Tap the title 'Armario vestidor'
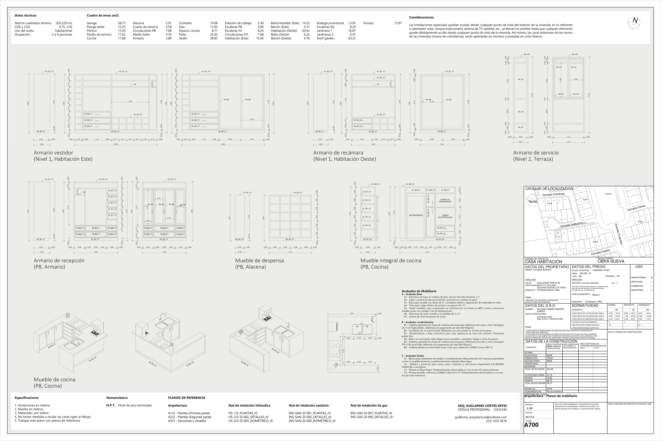tap(53, 153)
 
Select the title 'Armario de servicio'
tap(536, 153)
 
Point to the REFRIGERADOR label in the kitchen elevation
tap(416, 216)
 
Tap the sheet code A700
tap(531, 425)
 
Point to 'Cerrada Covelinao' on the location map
tap(553, 194)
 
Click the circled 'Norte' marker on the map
tap(533, 202)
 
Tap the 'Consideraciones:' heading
tap(422, 17)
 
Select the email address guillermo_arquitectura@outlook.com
tap(481, 417)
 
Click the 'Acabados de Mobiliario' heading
tap(419, 291)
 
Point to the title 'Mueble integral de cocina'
tap(391, 260)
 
